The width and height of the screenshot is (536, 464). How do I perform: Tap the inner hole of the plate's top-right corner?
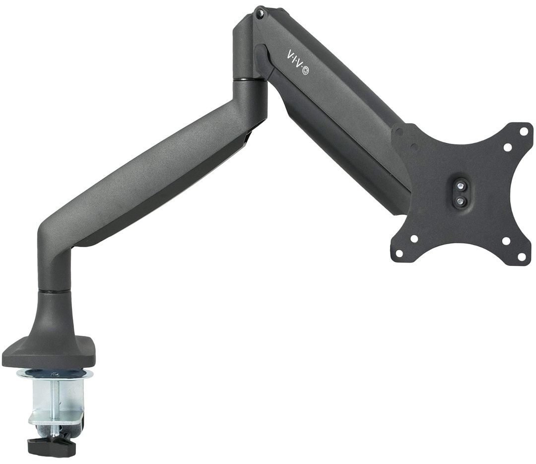click(x=507, y=147)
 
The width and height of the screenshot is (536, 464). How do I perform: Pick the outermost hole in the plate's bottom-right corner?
click(x=522, y=256)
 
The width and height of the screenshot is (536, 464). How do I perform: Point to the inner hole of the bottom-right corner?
click(x=505, y=241)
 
